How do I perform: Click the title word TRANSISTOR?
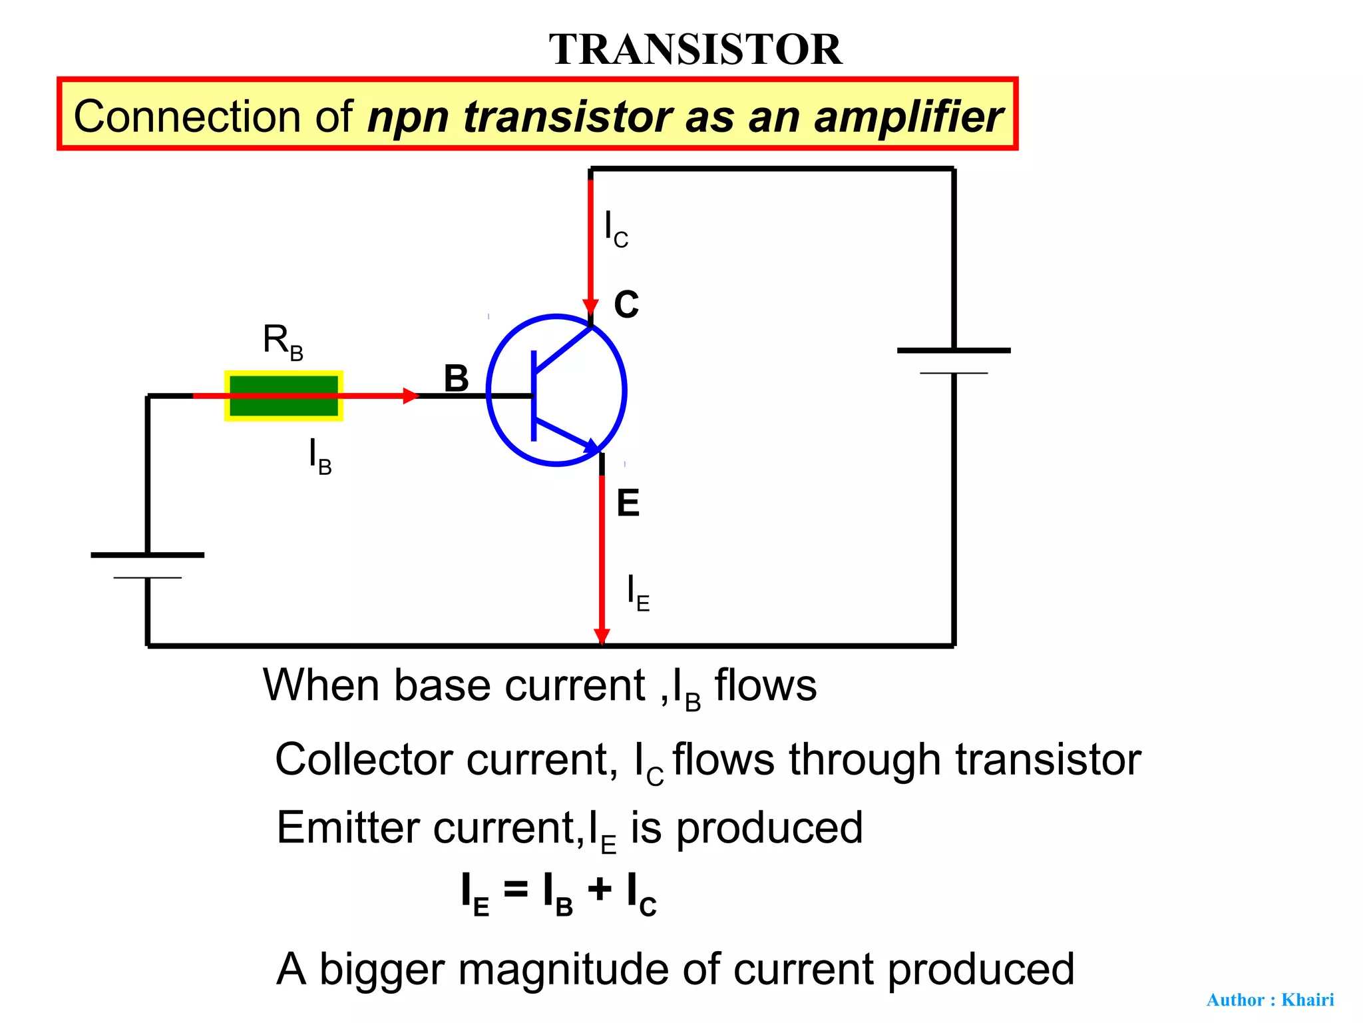click(695, 49)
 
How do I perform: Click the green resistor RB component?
click(284, 396)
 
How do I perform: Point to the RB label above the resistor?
click(283, 342)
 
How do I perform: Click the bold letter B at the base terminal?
click(457, 378)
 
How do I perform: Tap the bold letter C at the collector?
click(626, 304)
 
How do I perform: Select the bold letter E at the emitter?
click(628, 503)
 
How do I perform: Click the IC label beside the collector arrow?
click(616, 228)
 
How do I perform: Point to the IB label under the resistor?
click(320, 456)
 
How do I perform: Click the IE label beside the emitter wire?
click(638, 592)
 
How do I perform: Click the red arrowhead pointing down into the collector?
click(590, 306)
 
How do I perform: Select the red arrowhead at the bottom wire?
click(602, 637)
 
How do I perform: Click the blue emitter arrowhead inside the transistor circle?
click(591, 446)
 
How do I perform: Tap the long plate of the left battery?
click(148, 555)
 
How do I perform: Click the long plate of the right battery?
click(954, 350)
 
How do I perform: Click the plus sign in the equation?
click(599, 889)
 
